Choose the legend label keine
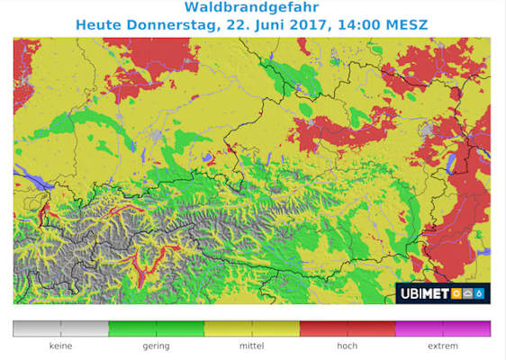click(x=60, y=346)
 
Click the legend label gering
click(x=156, y=346)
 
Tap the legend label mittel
click(x=251, y=346)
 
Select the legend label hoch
click(x=348, y=346)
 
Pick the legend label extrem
click(x=443, y=346)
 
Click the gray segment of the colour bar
click(x=60, y=328)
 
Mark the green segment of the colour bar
click(x=156, y=328)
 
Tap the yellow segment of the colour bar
click(x=251, y=328)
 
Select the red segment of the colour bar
click(x=348, y=328)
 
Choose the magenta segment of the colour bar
click(x=443, y=328)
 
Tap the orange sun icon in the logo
click(x=456, y=293)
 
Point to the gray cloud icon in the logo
click(x=468, y=293)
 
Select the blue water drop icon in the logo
click(x=479, y=293)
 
